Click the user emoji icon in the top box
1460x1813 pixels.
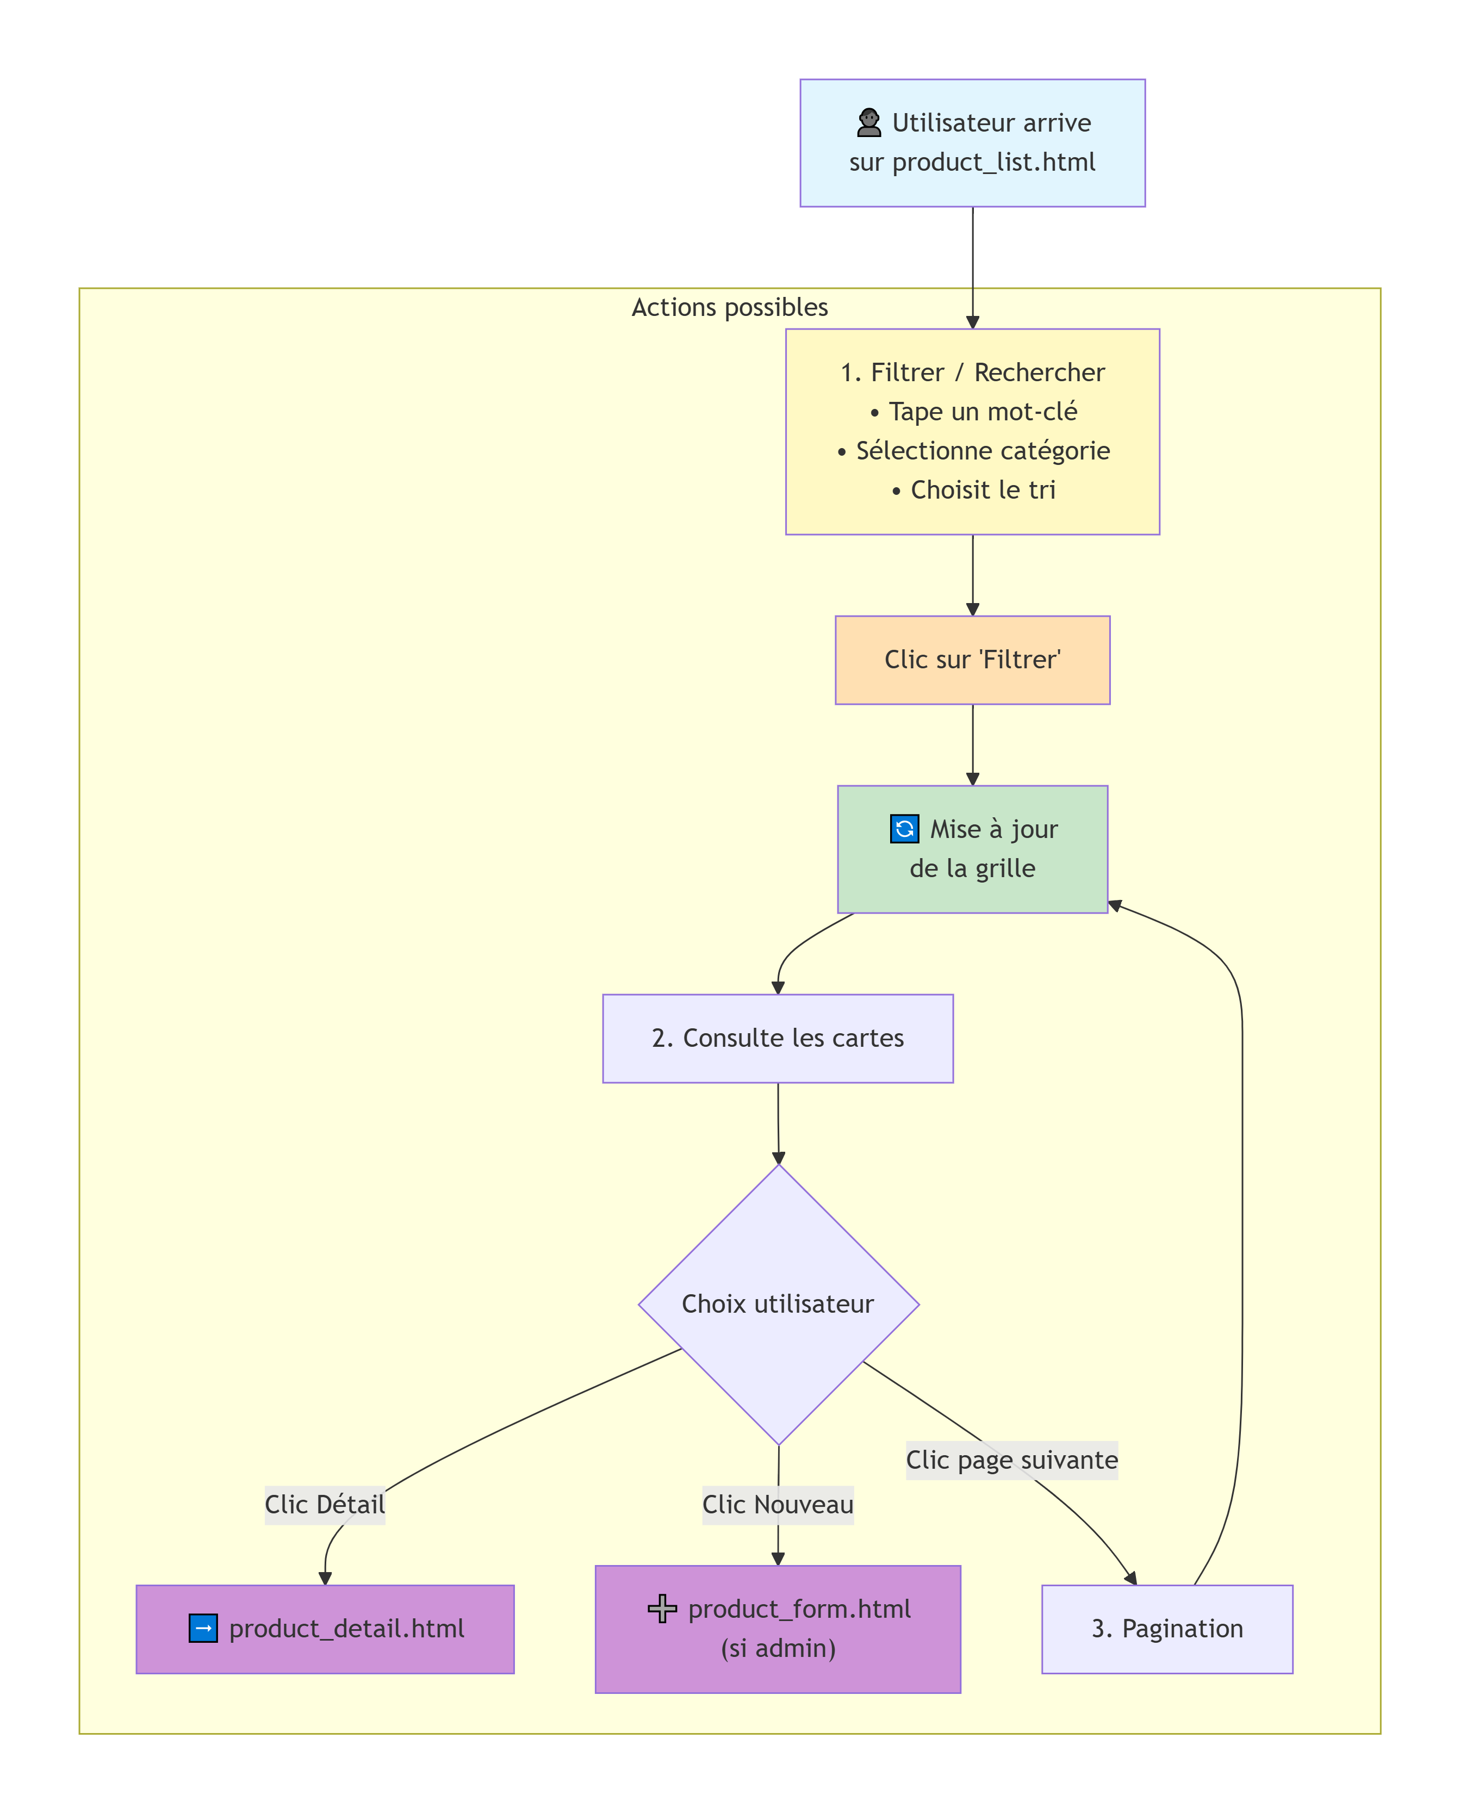[x=869, y=123]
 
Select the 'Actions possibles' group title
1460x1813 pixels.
[x=730, y=308]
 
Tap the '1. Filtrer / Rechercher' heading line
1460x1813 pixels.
[x=973, y=372]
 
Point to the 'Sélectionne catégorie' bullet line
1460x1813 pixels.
[x=973, y=451]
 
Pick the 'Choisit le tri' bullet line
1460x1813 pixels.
[x=973, y=490]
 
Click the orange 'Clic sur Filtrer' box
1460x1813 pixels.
[x=973, y=660]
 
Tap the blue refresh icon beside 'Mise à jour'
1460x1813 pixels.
[x=904, y=829]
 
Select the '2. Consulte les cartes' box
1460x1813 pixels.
[x=778, y=1039]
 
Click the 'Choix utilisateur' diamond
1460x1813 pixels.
[x=779, y=1304]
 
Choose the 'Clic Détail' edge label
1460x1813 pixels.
[x=325, y=1504]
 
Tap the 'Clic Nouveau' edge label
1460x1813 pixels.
[x=778, y=1504]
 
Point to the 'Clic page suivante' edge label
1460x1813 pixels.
[x=1012, y=1460]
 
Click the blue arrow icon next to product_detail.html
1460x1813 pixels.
[x=203, y=1629]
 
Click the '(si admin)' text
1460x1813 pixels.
[x=778, y=1648]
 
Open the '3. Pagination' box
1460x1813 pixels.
[x=1167, y=1629]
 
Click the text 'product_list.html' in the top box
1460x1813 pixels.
[x=993, y=162]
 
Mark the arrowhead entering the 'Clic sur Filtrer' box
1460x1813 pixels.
[x=973, y=610]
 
